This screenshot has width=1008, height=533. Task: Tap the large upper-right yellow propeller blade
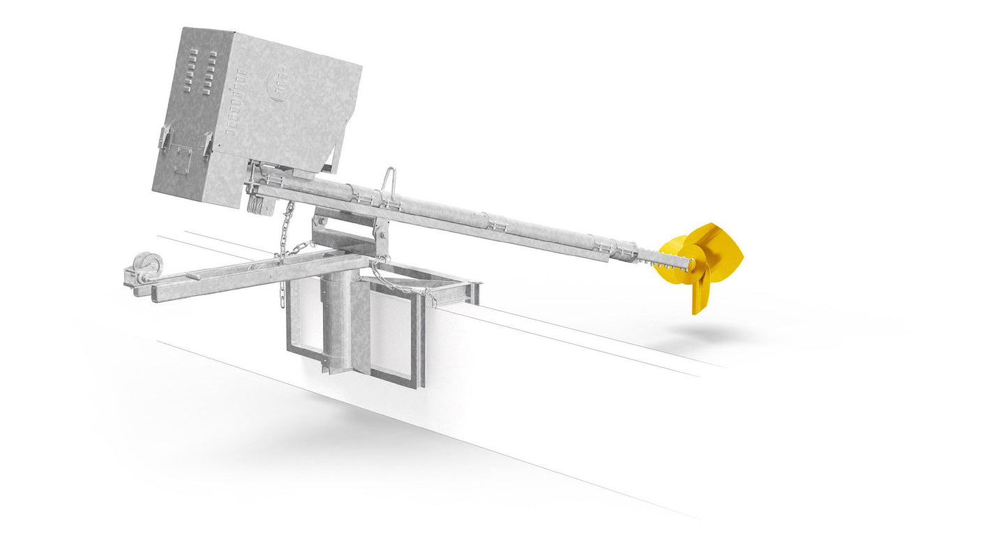coord(721,247)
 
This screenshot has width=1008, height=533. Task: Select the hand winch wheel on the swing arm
coord(149,266)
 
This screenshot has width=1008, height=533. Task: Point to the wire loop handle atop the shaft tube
coord(389,179)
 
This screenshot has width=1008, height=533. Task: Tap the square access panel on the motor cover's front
coord(182,160)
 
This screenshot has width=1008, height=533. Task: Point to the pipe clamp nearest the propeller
coord(601,242)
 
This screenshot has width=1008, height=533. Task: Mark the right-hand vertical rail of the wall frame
coord(421,342)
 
